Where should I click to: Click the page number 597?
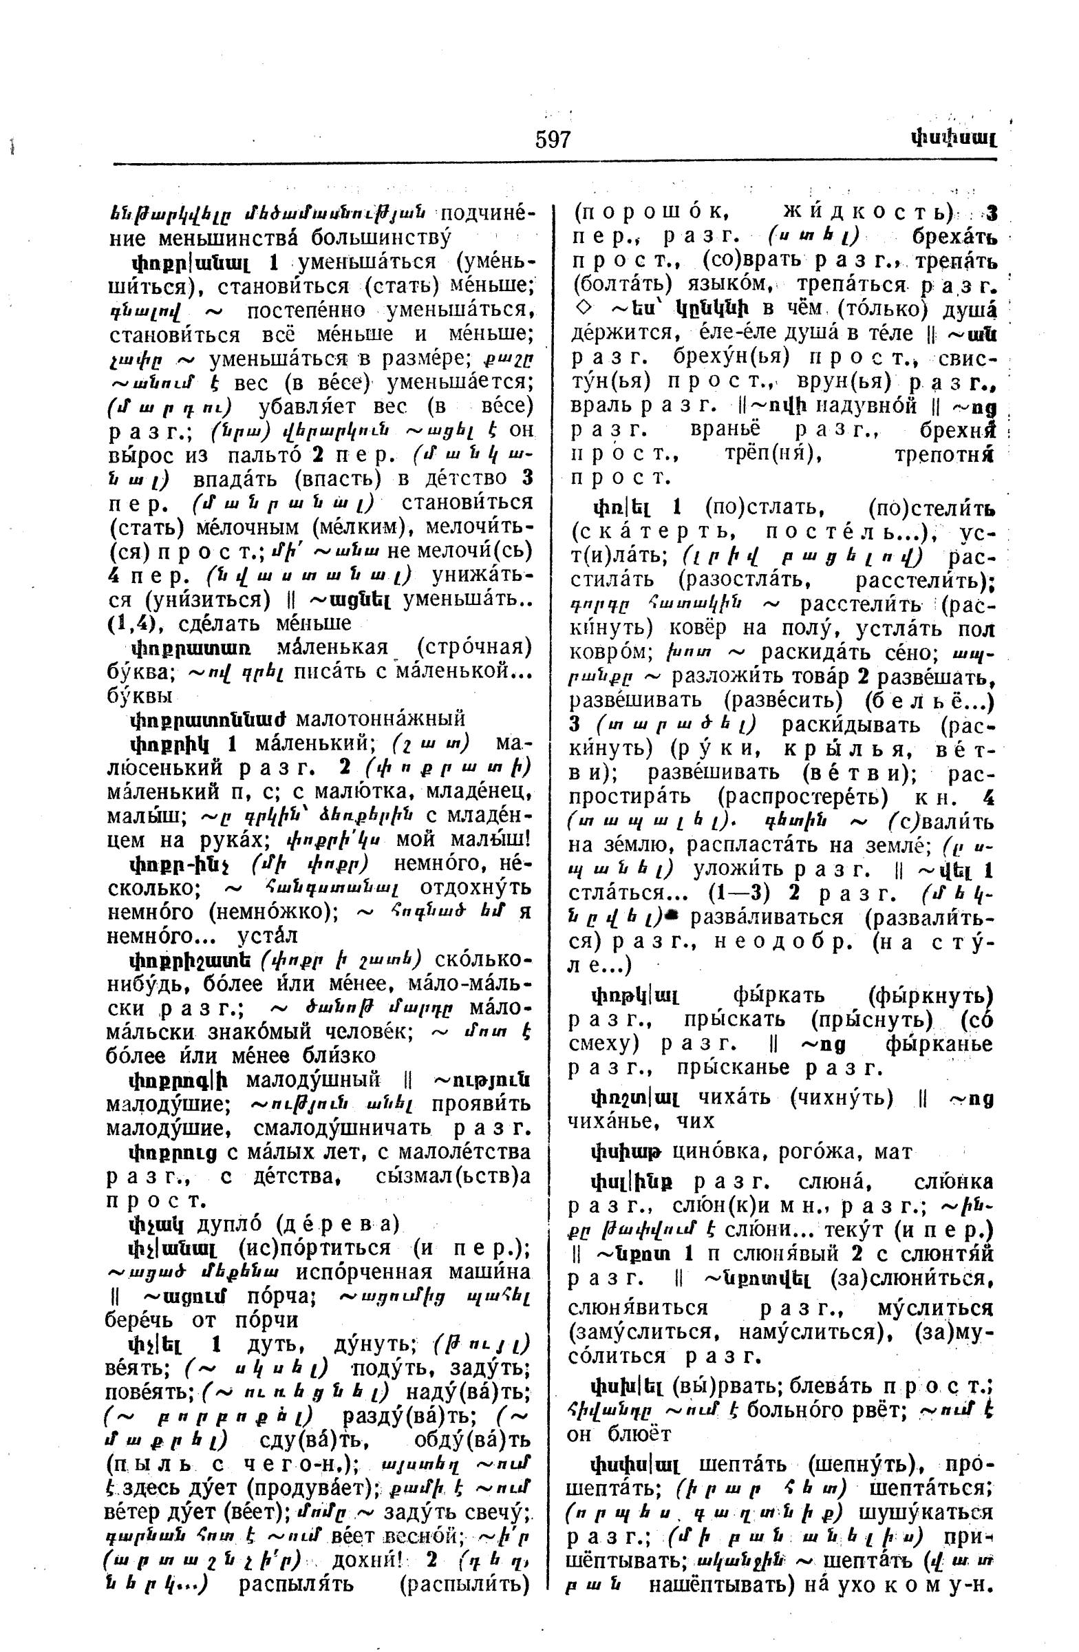[x=553, y=140]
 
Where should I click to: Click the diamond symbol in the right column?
[x=578, y=310]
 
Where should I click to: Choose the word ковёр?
[x=701, y=628]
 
